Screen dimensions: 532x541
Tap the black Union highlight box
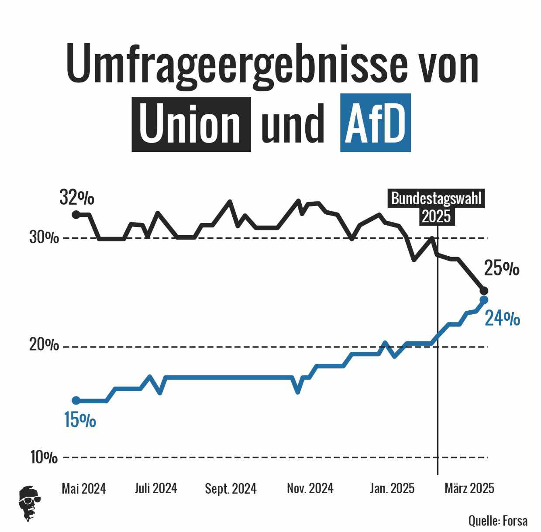click(191, 124)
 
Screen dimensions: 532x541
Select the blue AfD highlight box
click(375, 123)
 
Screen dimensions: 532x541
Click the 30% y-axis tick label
click(44, 238)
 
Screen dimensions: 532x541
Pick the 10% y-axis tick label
click(44, 457)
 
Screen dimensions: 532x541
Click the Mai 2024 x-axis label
click(84, 488)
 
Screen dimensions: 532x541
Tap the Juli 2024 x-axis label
click(156, 488)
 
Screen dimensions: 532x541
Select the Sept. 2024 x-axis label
click(231, 489)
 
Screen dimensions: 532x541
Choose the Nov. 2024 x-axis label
click(310, 488)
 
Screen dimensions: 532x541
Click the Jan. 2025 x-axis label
click(392, 488)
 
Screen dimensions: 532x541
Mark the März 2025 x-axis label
click(469, 488)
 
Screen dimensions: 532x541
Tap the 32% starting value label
click(77, 198)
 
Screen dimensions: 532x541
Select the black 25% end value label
click(502, 268)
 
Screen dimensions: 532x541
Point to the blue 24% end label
click(503, 319)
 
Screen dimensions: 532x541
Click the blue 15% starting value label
click(80, 420)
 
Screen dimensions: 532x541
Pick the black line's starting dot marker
click(76, 214)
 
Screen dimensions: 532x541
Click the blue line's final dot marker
click(484, 300)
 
